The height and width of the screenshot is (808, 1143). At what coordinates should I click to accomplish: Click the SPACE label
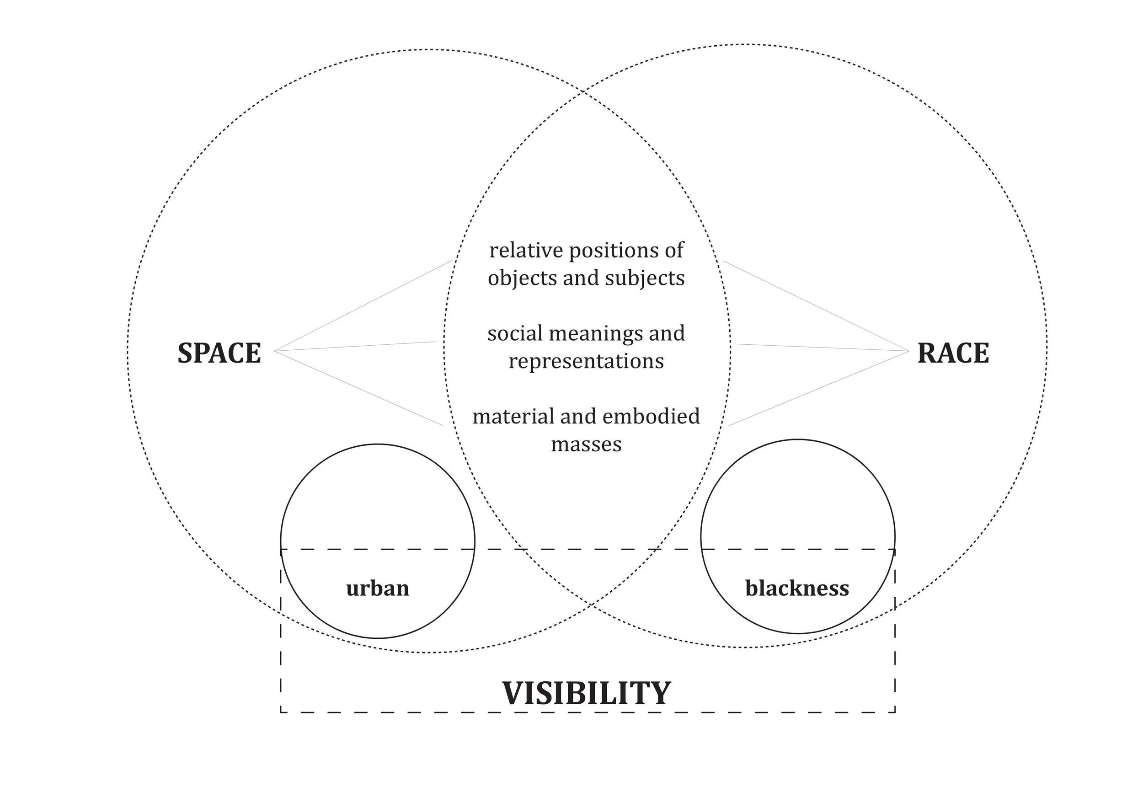click(x=219, y=353)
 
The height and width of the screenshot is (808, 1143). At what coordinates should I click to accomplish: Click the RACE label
click(x=953, y=353)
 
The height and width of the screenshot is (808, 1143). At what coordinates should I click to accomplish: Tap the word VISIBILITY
click(x=587, y=693)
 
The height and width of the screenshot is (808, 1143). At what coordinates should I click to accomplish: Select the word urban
click(x=377, y=588)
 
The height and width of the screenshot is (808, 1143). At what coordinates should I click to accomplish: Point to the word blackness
click(x=797, y=588)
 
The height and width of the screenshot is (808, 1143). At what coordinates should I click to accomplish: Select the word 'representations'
click(x=586, y=361)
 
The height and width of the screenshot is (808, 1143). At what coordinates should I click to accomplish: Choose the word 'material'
click(x=513, y=416)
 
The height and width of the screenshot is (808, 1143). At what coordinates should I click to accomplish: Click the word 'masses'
click(x=586, y=444)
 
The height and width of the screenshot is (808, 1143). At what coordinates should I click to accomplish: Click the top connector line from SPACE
click(x=363, y=305)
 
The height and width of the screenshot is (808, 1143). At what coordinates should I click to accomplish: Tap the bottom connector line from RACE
click(x=819, y=388)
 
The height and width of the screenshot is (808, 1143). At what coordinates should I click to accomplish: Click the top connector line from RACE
click(x=817, y=305)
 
